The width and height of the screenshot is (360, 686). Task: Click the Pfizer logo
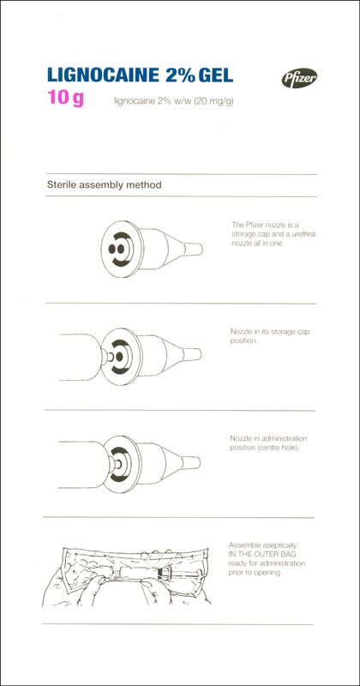tap(299, 78)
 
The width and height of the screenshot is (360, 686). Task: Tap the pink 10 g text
tap(66, 98)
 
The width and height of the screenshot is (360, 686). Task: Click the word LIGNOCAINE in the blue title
tap(103, 75)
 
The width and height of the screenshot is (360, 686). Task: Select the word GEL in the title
tap(216, 75)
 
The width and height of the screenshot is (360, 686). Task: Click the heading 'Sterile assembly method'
tap(104, 185)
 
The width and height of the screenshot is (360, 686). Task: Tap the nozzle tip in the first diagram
tap(194, 249)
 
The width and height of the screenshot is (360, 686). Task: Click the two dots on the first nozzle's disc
tap(115, 249)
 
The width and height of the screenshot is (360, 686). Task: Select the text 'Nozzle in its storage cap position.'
tap(269, 336)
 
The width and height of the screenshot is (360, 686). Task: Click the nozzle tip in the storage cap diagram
tap(192, 354)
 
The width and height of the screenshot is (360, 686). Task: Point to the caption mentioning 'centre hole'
tap(268, 442)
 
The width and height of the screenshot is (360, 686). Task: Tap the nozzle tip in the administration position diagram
tap(191, 462)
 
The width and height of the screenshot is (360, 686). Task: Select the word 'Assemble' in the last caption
tap(243, 545)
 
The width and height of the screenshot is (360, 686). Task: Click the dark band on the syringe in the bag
tap(165, 572)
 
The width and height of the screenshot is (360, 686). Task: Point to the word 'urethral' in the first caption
tap(303, 234)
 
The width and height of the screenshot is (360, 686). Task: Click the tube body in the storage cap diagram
tap(81, 358)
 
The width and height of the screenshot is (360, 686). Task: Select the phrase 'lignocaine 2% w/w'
tap(153, 102)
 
